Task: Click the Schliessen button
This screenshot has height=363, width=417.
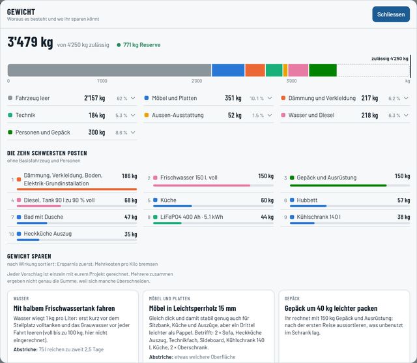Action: [391, 14]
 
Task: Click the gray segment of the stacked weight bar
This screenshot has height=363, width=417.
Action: [109, 70]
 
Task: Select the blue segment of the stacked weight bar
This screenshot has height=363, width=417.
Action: [228, 70]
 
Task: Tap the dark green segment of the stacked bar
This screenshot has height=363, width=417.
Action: [323, 70]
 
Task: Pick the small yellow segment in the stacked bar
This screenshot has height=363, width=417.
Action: [285, 70]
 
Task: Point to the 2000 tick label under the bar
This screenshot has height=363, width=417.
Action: [197, 81]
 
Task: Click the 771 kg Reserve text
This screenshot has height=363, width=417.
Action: [142, 45]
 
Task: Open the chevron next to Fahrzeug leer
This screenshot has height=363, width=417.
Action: [133, 98]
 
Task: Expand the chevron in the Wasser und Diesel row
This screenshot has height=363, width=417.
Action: [406, 115]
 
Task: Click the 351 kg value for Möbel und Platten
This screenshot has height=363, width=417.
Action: [233, 98]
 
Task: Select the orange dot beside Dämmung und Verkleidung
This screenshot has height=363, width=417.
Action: [283, 98]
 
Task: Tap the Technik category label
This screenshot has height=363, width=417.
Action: [25, 115]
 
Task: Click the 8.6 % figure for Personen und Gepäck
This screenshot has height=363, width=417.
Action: [121, 133]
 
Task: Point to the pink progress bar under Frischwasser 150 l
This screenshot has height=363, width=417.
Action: [201, 185]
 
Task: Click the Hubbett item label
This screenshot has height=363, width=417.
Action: [307, 200]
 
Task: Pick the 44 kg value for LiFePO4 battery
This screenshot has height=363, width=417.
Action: [267, 217]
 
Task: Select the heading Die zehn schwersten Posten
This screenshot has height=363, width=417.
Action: [47, 153]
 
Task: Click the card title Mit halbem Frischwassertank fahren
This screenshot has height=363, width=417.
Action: [64, 308]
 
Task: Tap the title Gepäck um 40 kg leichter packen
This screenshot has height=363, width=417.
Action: [331, 308]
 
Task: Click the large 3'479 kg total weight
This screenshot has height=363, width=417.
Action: [30, 42]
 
